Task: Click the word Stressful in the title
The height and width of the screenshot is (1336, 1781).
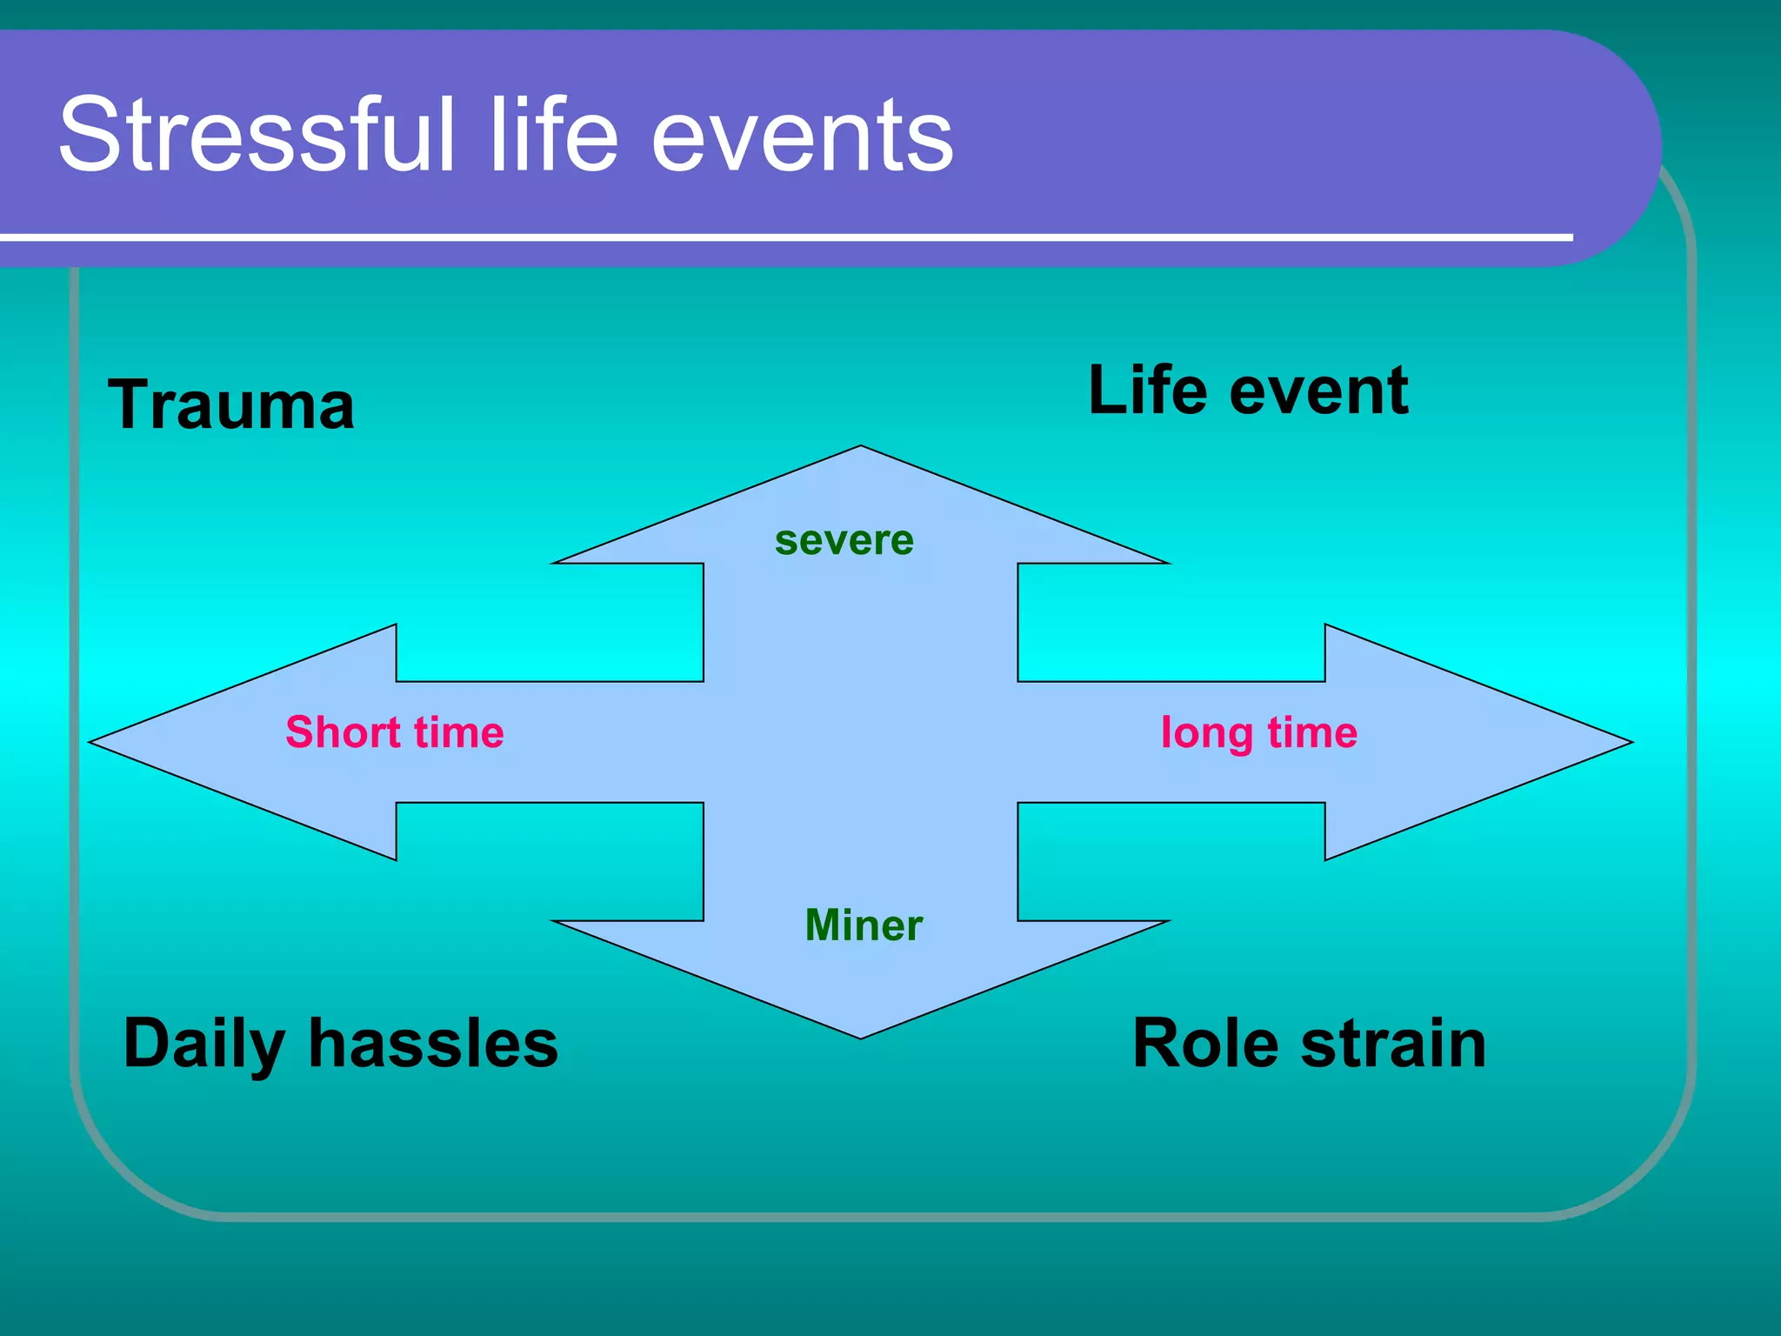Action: (x=257, y=135)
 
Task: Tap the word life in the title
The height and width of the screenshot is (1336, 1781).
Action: (x=554, y=135)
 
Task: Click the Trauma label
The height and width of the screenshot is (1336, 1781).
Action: (x=231, y=405)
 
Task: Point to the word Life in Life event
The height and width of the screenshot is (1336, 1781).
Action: (x=1147, y=391)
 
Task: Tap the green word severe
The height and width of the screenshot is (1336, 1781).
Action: (x=844, y=541)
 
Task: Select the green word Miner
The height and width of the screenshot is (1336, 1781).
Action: (x=863, y=925)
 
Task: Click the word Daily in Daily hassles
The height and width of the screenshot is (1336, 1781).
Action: (x=205, y=1045)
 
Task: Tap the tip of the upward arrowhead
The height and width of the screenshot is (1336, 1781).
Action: (x=861, y=448)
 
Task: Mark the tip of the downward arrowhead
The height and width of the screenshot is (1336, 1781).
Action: (x=861, y=1036)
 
